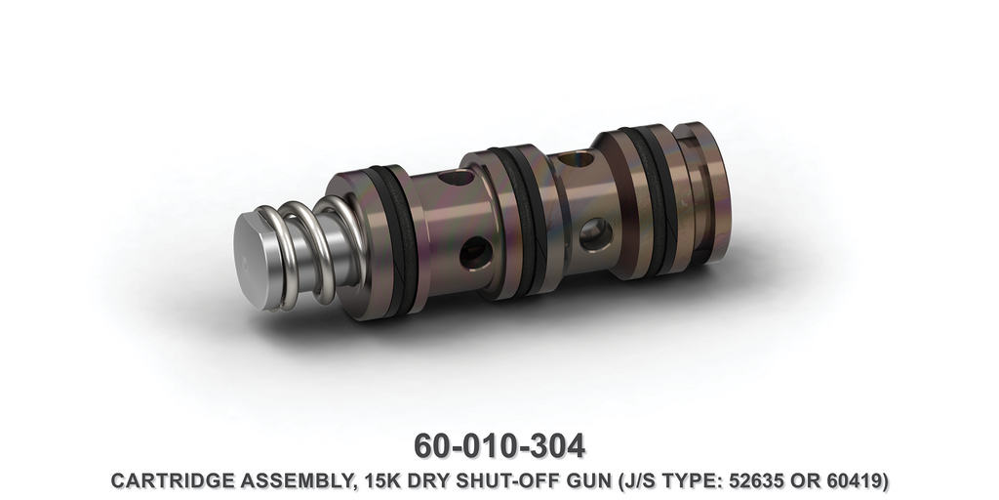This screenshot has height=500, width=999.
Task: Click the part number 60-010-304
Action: (x=499, y=445)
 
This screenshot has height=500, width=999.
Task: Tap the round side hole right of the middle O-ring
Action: (x=593, y=232)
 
